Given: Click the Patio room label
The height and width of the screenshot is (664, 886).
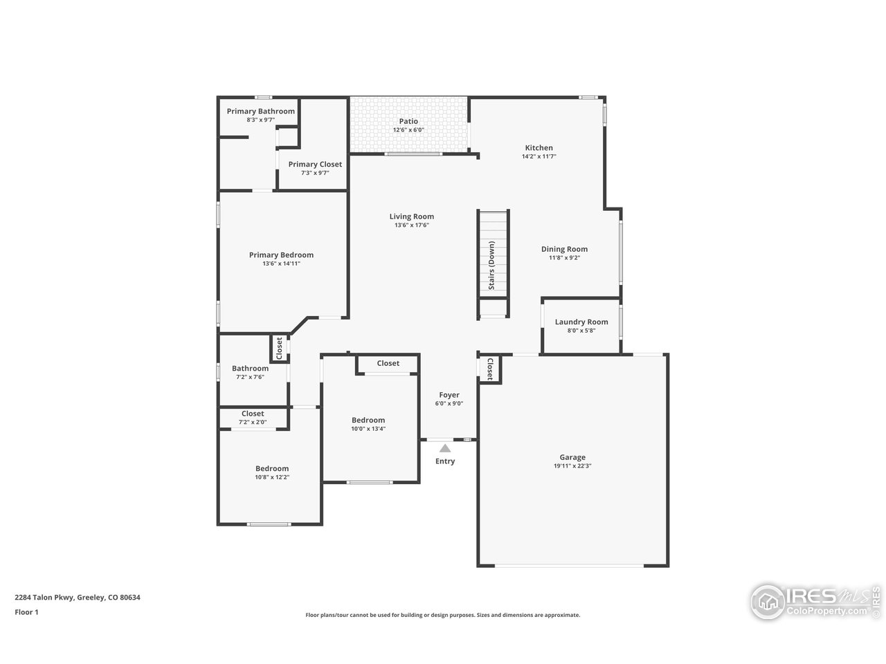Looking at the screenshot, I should [x=408, y=122].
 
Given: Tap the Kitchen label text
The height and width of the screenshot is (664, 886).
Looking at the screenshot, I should [x=539, y=148].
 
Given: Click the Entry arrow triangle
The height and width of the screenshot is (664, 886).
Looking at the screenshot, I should [x=445, y=448].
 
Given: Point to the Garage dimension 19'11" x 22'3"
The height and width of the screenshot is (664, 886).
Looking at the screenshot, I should [x=572, y=466].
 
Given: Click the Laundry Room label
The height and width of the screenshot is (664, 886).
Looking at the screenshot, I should [x=581, y=322].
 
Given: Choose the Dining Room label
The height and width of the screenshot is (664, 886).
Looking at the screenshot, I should [x=564, y=249].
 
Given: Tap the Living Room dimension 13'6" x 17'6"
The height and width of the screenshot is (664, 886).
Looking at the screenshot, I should [x=412, y=225].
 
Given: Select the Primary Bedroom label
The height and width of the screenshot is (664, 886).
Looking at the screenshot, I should [x=281, y=255].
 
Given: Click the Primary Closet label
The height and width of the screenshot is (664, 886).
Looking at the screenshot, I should [x=315, y=164].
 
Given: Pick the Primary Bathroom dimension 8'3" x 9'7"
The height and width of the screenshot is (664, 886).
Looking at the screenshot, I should [x=260, y=120].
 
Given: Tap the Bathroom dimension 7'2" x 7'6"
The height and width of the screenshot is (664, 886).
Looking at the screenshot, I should [x=250, y=377].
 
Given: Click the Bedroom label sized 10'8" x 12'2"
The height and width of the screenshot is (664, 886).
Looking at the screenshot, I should [x=272, y=468].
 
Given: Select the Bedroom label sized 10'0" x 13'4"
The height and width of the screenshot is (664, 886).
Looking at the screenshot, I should [x=368, y=420].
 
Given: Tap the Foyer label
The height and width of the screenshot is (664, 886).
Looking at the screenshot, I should [x=449, y=395].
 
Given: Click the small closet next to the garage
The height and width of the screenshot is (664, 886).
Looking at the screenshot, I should [x=489, y=369].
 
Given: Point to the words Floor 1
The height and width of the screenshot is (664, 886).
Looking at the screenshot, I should [x=26, y=611].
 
